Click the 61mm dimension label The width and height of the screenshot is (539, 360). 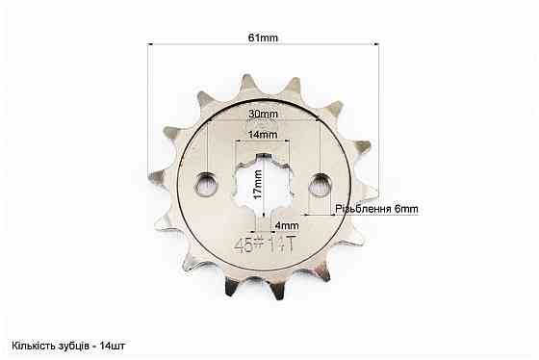[x=263, y=38]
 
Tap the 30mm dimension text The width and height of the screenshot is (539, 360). [x=264, y=114]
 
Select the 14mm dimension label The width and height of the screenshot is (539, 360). [x=263, y=135]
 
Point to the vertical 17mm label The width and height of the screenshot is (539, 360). [x=259, y=184]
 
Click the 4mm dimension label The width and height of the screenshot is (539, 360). [x=287, y=226]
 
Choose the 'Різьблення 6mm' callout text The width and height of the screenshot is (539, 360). [x=376, y=209]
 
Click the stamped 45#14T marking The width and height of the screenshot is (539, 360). [x=265, y=245]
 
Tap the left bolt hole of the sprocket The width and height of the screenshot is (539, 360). [x=206, y=185]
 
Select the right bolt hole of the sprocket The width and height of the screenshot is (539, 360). [x=321, y=185]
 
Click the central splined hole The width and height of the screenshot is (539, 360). [x=263, y=183]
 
